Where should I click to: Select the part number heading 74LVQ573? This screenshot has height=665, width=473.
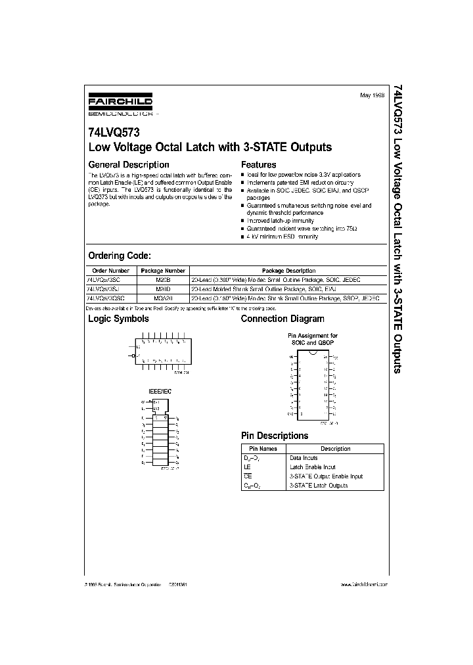click(x=113, y=132)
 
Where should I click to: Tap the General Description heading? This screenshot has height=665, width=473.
click(x=129, y=164)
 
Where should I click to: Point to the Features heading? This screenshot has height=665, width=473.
click(x=259, y=164)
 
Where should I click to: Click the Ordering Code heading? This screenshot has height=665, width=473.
click(x=120, y=255)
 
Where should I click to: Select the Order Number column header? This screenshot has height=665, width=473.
click(x=111, y=271)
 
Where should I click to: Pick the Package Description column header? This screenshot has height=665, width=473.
click(x=288, y=271)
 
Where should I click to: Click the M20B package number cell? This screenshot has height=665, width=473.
click(x=163, y=279)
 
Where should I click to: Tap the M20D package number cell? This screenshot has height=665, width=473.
click(x=163, y=288)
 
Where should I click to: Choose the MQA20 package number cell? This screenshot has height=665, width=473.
click(x=163, y=298)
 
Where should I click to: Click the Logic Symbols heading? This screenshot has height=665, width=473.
click(x=118, y=319)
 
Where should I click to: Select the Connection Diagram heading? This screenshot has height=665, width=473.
click(x=282, y=319)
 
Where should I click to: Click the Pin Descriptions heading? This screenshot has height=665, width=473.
click(x=275, y=436)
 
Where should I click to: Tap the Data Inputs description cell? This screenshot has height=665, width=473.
click(x=304, y=457)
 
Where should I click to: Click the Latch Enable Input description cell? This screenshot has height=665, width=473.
click(x=312, y=467)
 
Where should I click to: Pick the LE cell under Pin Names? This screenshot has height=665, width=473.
click(x=247, y=467)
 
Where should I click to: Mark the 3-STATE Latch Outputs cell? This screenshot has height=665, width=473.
click(x=319, y=485)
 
